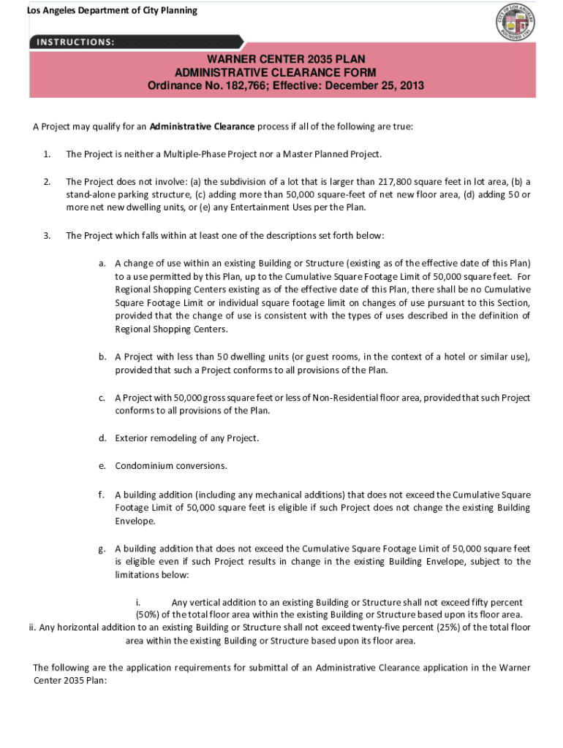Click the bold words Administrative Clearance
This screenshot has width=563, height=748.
(202, 126)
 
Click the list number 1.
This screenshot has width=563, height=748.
(46, 154)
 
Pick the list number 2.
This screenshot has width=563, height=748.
(46, 182)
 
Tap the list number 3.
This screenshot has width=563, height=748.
(46, 236)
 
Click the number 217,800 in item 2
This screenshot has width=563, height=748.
(397, 182)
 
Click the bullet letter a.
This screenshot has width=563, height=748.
(103, 263)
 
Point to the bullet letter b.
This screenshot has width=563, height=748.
(103, 357)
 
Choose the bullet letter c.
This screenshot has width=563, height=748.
(103, 398)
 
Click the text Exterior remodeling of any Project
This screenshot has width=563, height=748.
(186, 438)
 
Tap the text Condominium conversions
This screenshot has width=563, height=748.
(171, 466)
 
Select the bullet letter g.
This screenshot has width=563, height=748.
(103, 549)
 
